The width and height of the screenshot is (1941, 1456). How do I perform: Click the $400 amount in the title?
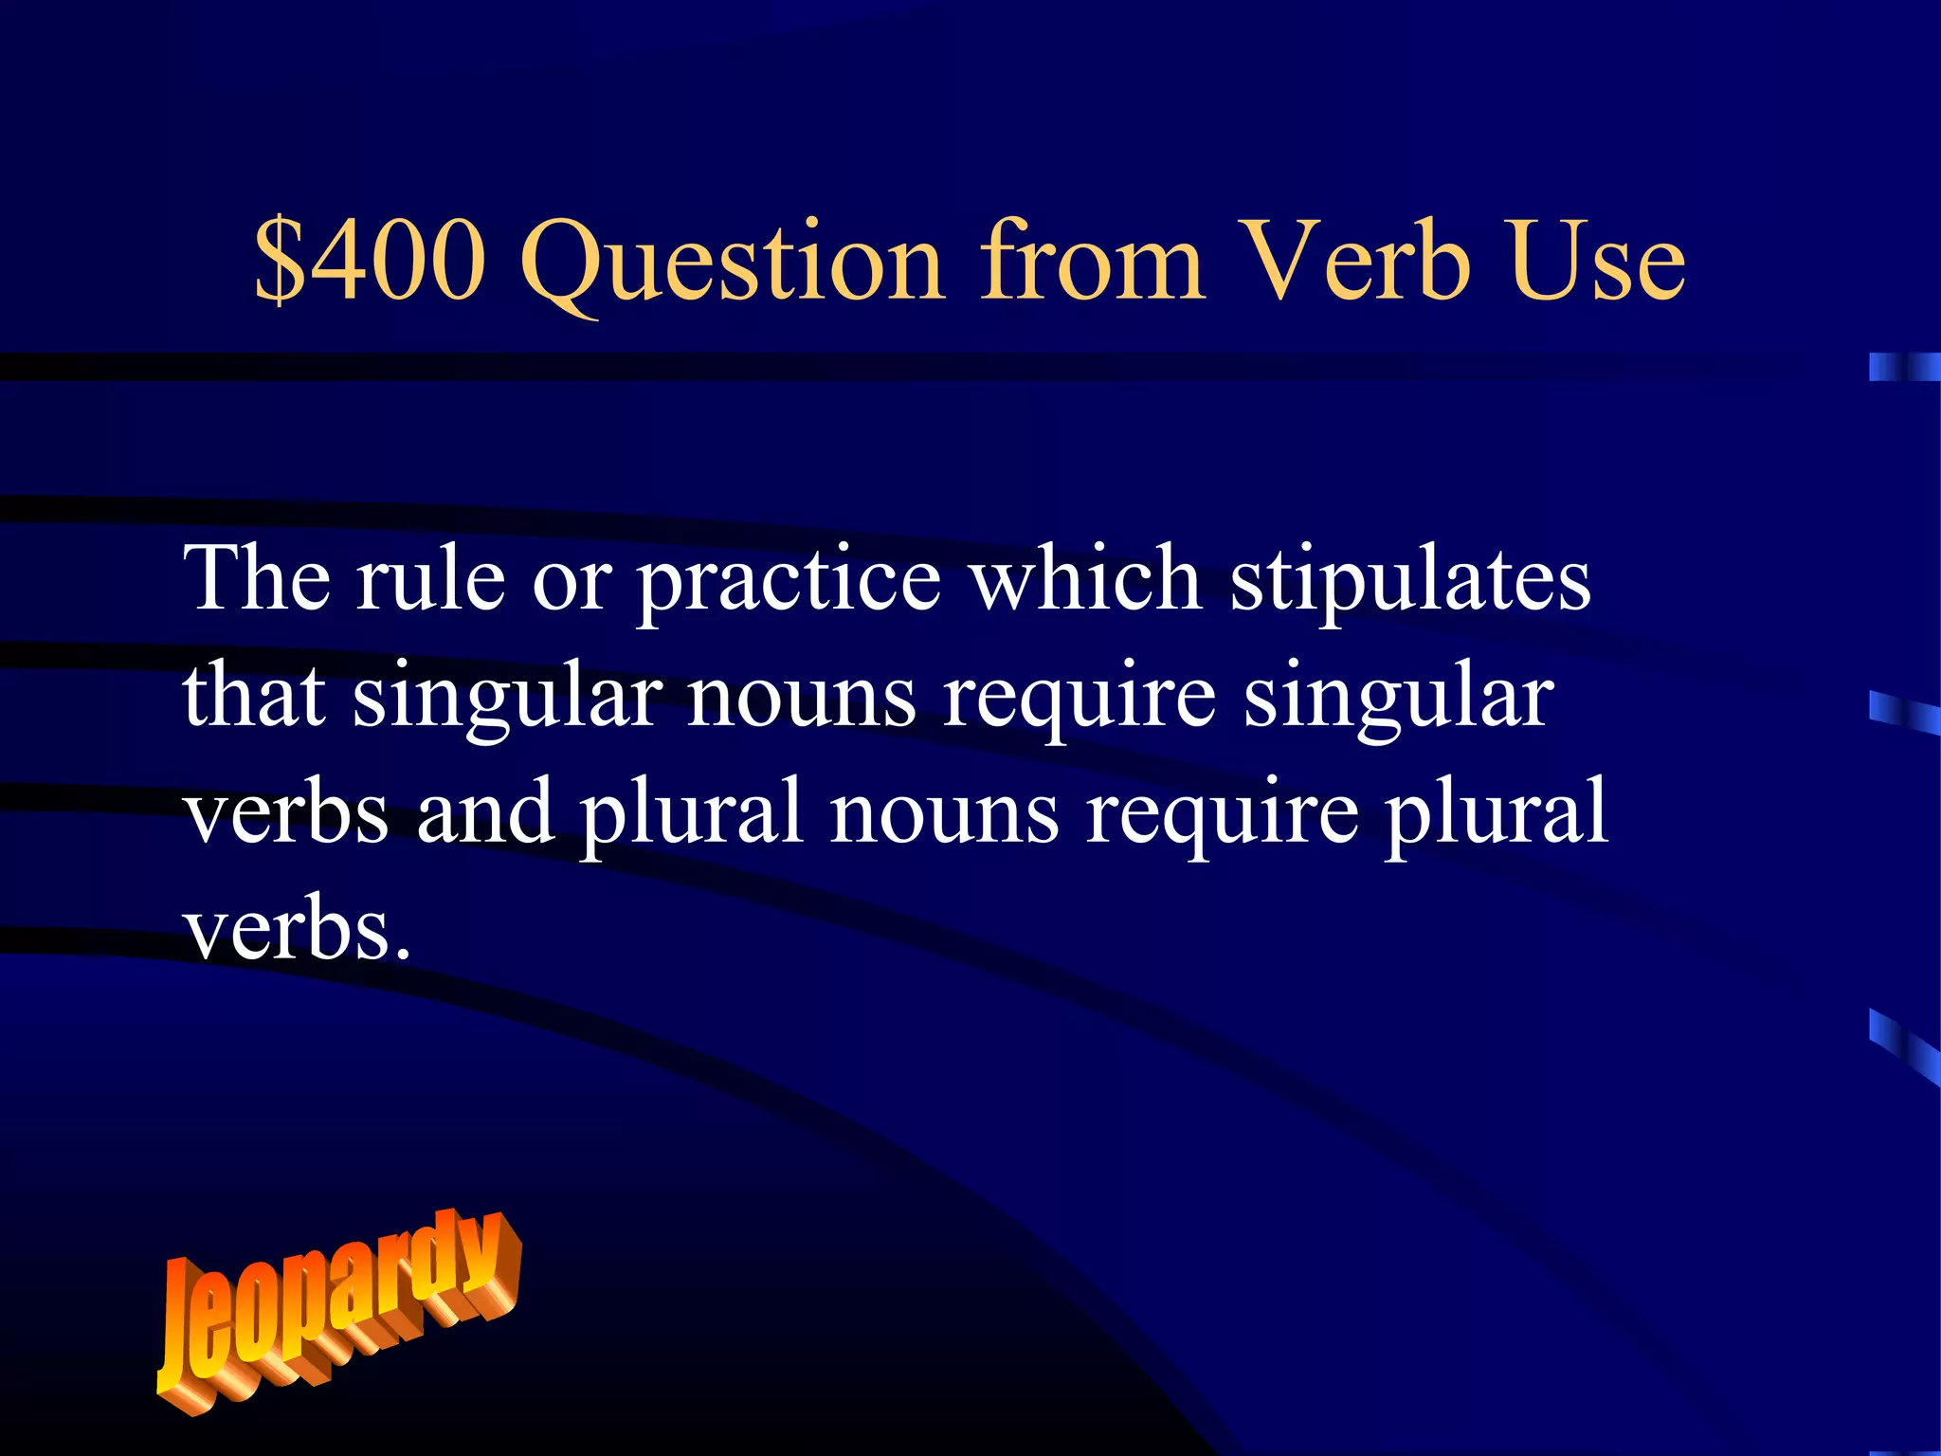[x=371, y=261]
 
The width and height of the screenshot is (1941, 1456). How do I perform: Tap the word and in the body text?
[x=484, y=812]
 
